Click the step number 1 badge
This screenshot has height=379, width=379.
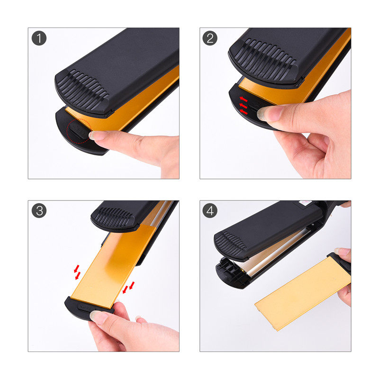39,38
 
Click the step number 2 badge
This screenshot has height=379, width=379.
210,38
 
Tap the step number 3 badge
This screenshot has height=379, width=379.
39,210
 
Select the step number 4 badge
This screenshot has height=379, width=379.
210,210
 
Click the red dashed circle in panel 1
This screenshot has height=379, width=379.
79,131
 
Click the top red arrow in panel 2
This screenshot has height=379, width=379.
244,99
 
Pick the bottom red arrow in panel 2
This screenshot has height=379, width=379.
244,112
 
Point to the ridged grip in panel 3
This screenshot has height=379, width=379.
114,217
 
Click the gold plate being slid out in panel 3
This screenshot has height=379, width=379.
114,266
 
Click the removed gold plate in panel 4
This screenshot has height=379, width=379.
302,294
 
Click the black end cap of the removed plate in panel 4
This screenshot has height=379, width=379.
340,263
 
